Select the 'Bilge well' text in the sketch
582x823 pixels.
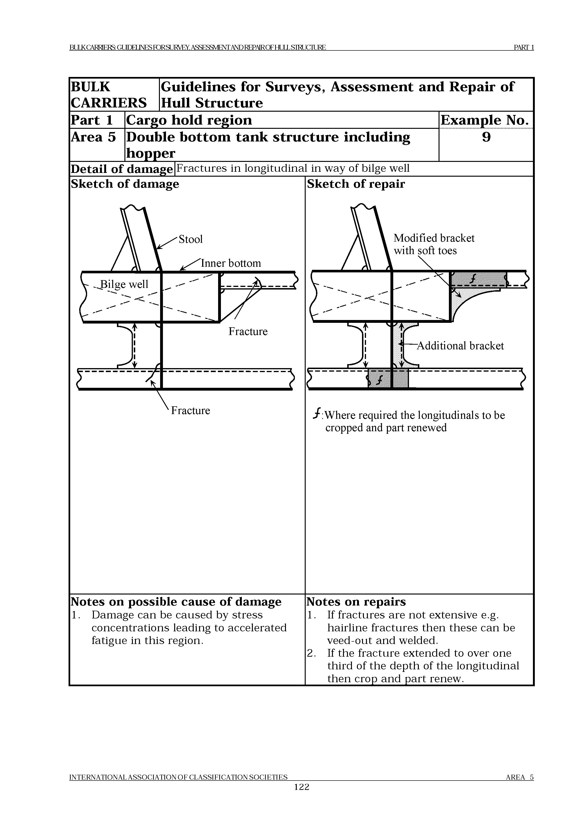tap(124, 284)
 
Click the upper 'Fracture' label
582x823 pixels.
tap(248, 331)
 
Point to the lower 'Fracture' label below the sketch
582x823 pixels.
tap(190, 410)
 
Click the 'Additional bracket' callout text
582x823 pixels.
tap(460, 346)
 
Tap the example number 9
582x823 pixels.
tap(486, 137)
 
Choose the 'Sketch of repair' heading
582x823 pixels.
tap(356, 184)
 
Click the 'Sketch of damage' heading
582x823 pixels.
tap(125, 184)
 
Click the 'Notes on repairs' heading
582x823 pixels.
tap(356, 602)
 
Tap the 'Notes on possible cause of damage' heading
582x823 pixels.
tap(176, 602)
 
